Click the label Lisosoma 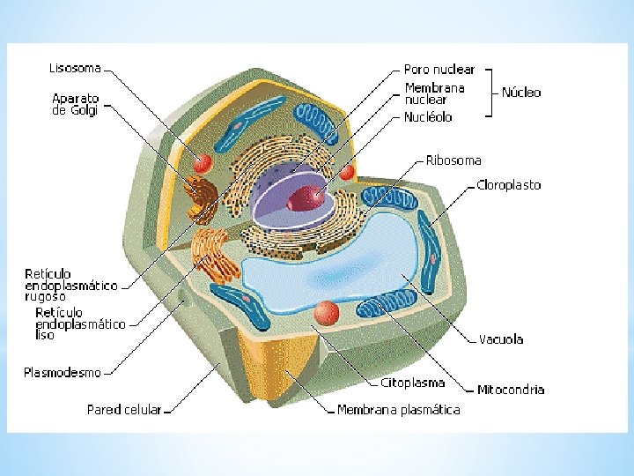coord(74,66)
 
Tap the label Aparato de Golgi coord(76,104)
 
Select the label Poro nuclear coord(439,69)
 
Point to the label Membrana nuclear coord(434,93)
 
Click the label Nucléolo coord(428,116)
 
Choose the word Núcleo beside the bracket coord(521,92)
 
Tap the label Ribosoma coord(453,160)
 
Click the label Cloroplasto coord(508,185)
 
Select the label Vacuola coord(501,339)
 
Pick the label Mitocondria coord(511,389)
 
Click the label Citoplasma coord(412,383)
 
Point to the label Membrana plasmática coord(399,410)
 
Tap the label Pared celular coord(124,410)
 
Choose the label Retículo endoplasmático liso coord(79,324)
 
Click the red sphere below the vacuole coord(328,312)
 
